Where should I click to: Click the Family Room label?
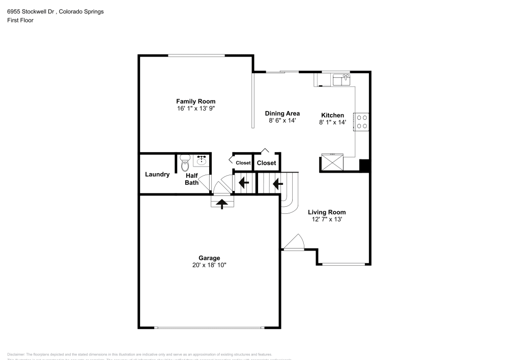pyautogui.click(x=195, y=101)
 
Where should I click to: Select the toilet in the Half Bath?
pyautogui.click(x=184, y=164)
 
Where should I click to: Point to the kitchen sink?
pyautogui.click(x=342, y=79)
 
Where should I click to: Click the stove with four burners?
pyautogui.click(x=362, y=121)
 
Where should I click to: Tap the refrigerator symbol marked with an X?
pyautogui.click(x=331, y=163)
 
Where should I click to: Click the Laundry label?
pyautogui.click(x=157, y=175)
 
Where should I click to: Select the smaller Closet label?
pyautogui.click(x=243, y=163)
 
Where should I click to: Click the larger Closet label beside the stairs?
pyautogui.click(x=266, y=163)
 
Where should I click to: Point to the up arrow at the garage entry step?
pyautogui.click(x=222, y=203)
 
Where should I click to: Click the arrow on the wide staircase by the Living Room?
pyautogui.click(x=278, y=183)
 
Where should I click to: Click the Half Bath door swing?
pyautogui.click(x=205, y=182)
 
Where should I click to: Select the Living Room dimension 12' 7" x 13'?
pyautogui.click(x=327, y=219)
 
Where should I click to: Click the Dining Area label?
pyautogui.click(x=282, y=114)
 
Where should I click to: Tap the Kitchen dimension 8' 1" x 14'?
pyautogui.click(x=332, y=123)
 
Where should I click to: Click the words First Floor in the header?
pyautogui.click(x=20, y=20)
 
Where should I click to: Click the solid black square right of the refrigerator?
pyautogui.click(x=364, y=165)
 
